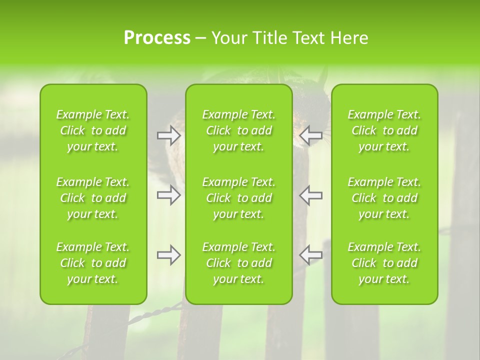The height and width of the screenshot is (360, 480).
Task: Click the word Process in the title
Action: pos(157,38)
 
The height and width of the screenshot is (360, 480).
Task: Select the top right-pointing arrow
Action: pos(169,135)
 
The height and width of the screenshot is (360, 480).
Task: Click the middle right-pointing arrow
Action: pos(169,195)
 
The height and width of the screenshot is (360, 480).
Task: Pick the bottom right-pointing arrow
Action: pos(169,255)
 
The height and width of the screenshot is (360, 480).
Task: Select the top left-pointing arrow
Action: pos(310,135)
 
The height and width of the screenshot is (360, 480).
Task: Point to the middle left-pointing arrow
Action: pos(310,195)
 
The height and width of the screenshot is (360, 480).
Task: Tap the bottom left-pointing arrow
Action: pos(310,255)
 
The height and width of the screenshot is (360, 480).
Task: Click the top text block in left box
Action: pos(93,130)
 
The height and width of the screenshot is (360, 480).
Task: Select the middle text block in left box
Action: pos(93,198)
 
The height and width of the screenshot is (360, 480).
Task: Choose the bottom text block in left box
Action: pos(93,263)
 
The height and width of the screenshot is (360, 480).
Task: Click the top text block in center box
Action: pos(239,130)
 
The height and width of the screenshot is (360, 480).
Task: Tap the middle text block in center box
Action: pos(239,198)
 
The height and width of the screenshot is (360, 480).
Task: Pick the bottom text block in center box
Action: pos(239,263)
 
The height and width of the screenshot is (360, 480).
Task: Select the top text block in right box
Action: pos(384,130)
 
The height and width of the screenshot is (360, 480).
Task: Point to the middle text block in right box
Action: pos(384,198)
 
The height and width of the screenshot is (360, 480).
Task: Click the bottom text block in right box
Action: pos(384,263)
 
